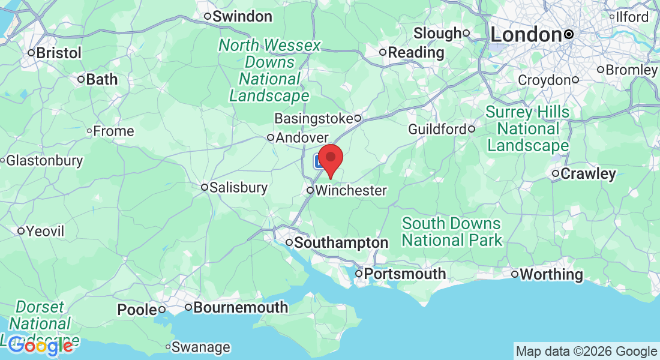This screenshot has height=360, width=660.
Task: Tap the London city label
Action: point(526,34)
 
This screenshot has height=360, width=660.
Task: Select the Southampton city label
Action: point(341,243)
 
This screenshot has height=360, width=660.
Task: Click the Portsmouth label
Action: point(404,274)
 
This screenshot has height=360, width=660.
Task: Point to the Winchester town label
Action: point(350,191)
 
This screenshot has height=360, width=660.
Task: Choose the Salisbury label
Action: point(239,188)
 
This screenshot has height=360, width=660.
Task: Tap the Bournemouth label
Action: point(240,308)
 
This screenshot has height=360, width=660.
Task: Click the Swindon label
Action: point(242,16)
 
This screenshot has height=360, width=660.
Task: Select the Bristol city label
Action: point(58,53)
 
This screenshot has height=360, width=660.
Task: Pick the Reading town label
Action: point(416,52)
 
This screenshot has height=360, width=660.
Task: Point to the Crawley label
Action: point(588,174)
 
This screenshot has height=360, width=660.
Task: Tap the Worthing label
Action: point(551,274)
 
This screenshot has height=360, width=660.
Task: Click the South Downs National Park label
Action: point(451,232)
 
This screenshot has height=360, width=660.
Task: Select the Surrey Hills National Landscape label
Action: point(527,129)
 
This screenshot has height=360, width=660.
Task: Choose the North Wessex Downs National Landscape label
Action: point(269,71)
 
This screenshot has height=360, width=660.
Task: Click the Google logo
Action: point(41,346)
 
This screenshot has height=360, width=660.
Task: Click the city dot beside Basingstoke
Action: point(357,118)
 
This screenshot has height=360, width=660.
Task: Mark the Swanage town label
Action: point(200,347)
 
